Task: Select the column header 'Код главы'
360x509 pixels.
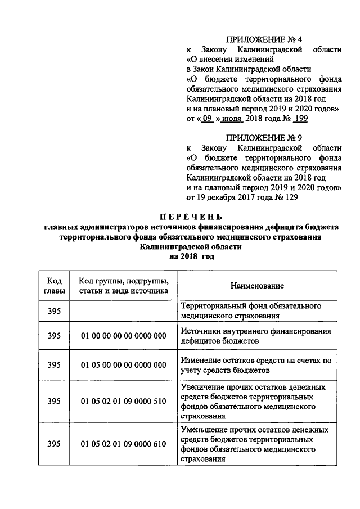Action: (54, 286)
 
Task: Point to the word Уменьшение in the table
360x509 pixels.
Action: (206, 430)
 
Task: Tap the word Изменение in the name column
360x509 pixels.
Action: (201, 360)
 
